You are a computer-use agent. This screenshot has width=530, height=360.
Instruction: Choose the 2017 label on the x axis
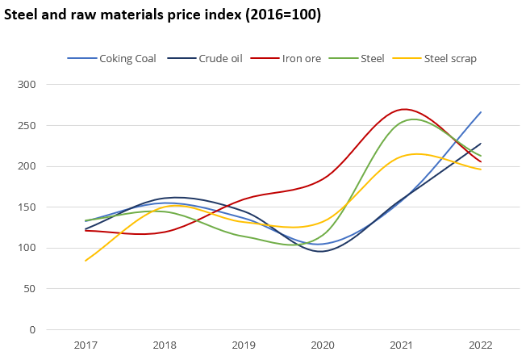point(86,345)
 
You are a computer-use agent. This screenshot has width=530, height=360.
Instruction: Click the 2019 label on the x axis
point(244,345)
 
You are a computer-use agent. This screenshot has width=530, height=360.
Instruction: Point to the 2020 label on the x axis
point(323,345)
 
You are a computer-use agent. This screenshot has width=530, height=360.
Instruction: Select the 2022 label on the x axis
point(481,345)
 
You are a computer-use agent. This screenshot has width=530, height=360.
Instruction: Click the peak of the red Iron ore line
point(403,109)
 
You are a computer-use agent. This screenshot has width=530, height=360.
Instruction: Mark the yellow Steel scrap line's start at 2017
point(86,261)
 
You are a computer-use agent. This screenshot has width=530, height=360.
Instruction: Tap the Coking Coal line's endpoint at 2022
point(481,112)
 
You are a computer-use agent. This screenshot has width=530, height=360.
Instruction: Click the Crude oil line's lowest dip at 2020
point(322,251)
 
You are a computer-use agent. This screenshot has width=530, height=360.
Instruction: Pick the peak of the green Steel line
point(414,119)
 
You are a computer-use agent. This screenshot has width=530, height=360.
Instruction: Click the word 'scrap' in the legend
point(464,58)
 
